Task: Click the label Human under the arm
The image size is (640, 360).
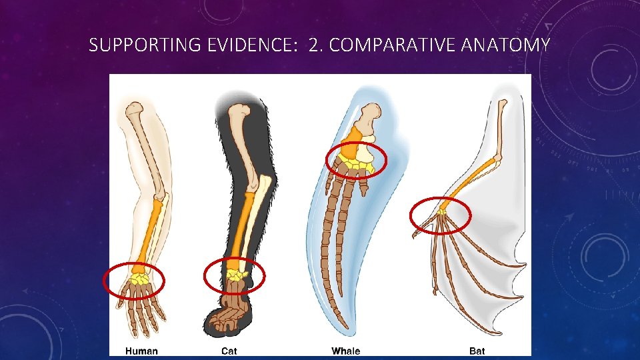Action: [141, 351]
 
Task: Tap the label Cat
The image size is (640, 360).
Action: [229, 351]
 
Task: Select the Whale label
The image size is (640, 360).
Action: [345, 351]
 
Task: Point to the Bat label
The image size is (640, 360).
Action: [477, 351]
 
